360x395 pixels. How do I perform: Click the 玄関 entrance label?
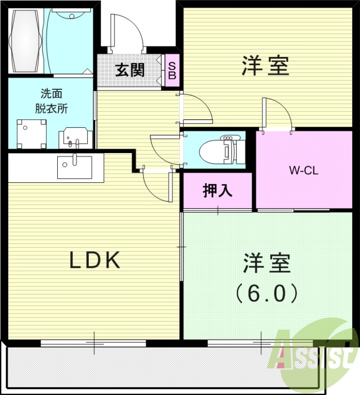pos(130,70)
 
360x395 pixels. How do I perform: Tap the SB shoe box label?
pos(172,70)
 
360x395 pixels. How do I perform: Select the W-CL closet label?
pos(304,171)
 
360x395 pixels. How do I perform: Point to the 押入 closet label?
pos(217,191)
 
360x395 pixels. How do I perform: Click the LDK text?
pos(95,260)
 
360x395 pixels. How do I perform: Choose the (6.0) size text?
pos(266,294)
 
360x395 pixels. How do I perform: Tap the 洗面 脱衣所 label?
pos(51,101)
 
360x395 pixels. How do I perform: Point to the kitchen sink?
pos(73,167)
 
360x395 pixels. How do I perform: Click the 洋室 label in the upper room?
pos(265,66)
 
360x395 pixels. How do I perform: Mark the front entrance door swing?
pos(127,33)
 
